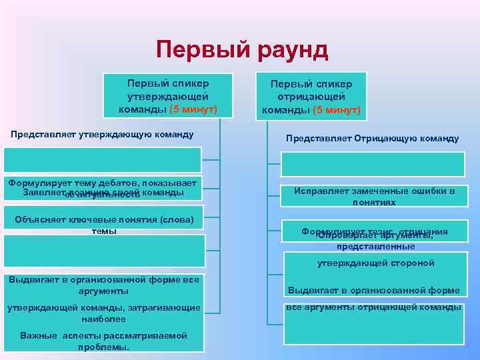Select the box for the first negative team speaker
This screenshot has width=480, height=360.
pos(311,97)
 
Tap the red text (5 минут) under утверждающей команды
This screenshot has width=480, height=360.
pos(194,109)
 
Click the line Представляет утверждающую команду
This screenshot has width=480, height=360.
pos(102,135)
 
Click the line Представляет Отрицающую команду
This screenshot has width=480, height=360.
pos(372,139)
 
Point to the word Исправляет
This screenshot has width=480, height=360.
pos(316,191)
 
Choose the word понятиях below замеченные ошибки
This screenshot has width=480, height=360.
pos(374,202)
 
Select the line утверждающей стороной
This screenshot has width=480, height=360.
pos(375,263)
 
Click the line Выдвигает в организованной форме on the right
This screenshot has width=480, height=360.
pos(373,291)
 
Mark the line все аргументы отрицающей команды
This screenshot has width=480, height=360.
pos(373,307)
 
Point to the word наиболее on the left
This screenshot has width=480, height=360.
pos(103,319)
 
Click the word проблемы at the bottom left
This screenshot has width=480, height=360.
pos(103,347)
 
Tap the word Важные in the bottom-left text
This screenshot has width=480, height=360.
pos(37,335)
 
